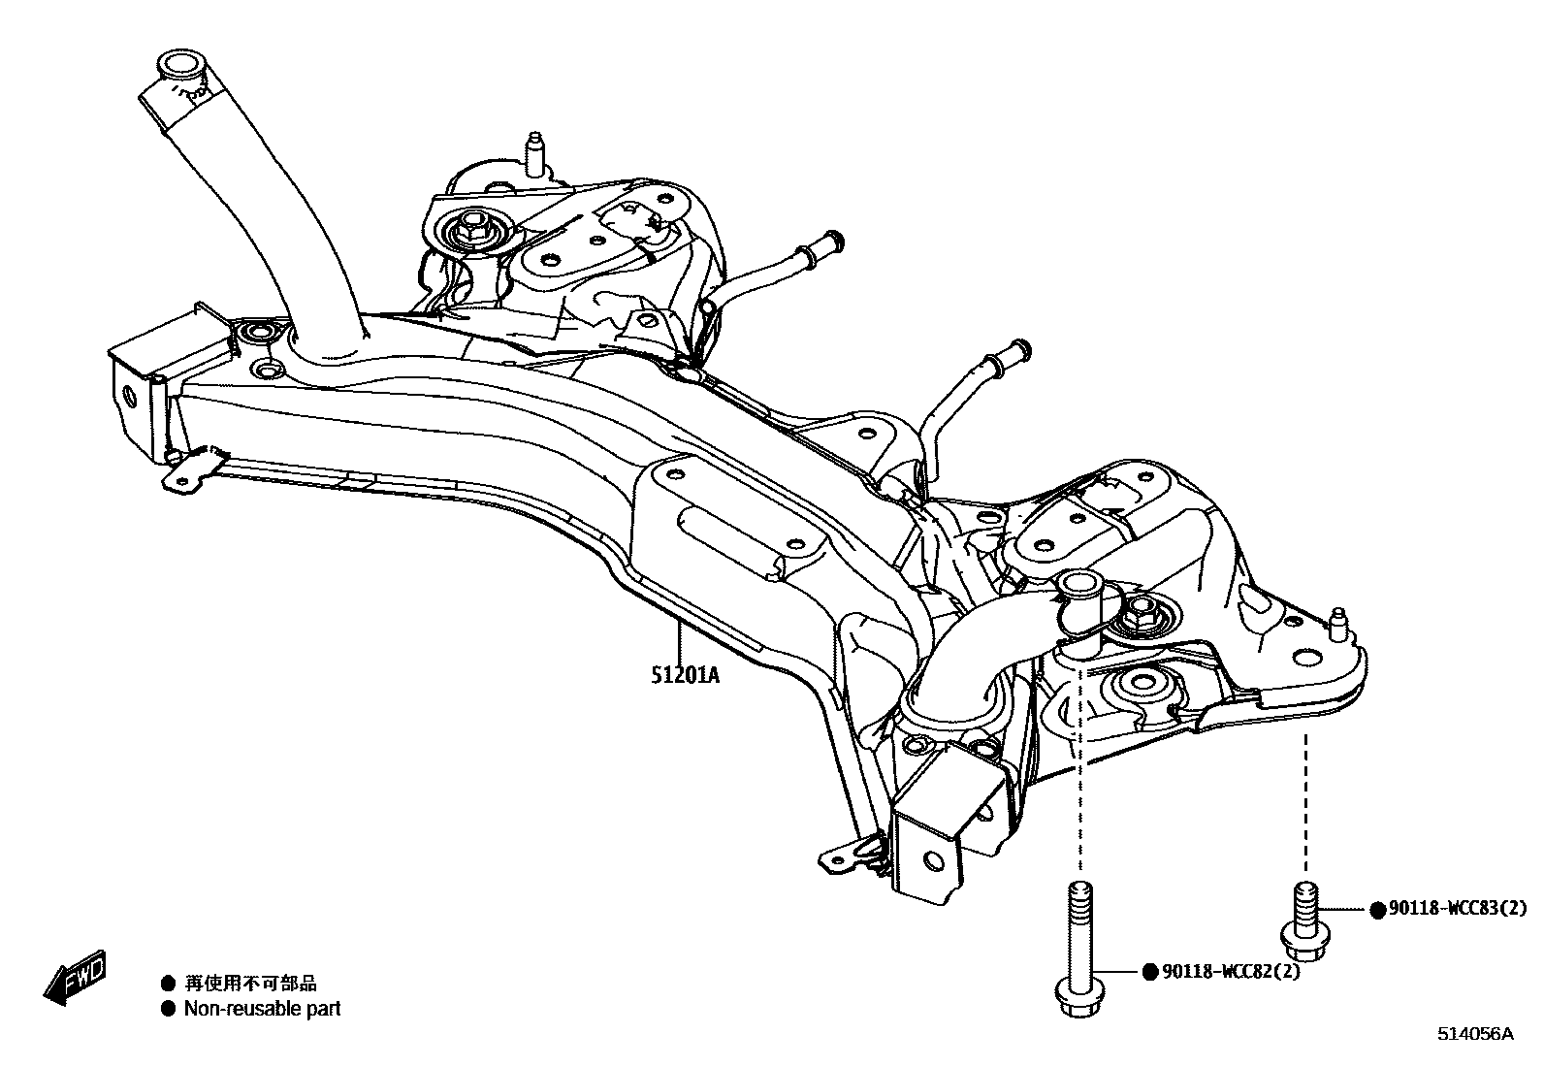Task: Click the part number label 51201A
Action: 685,673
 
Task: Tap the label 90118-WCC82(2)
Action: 1229,971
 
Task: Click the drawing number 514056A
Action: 1474,1034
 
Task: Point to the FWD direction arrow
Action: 74,980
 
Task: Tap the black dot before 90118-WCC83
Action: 1376,910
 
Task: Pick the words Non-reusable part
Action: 262,1009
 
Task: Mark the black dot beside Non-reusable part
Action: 169,1009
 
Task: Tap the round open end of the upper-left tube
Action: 178,66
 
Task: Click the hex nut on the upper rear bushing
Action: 475,231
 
